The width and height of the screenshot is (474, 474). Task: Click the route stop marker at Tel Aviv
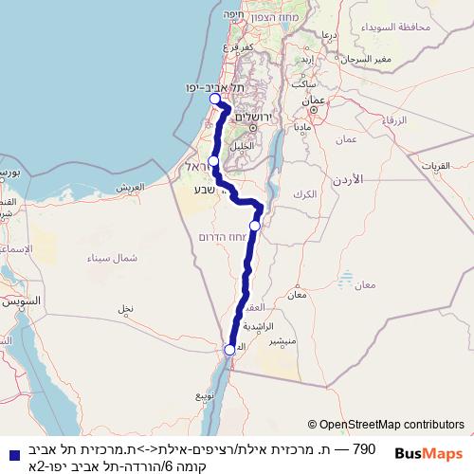[214, 99]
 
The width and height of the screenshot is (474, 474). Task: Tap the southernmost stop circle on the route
[229, 350]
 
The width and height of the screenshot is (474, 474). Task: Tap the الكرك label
[305, 193]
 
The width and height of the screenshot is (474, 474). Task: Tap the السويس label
[21, 301]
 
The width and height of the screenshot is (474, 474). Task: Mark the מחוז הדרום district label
[224, 236]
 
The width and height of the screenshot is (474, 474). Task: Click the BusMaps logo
[428, 453]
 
